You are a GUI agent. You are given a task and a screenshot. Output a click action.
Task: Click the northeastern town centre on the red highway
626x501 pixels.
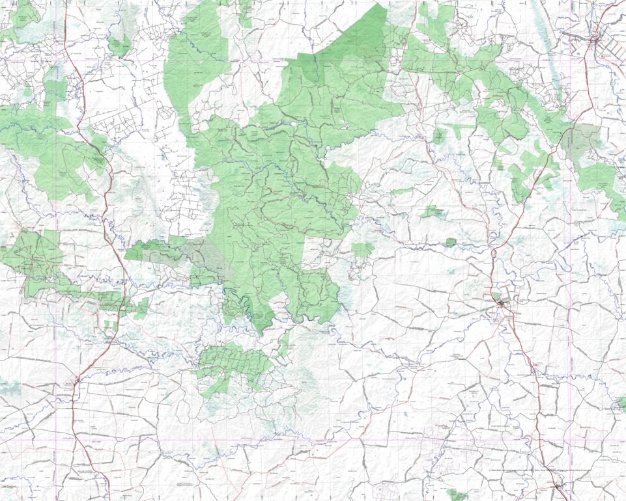pyautogui.click(x=594, y=40)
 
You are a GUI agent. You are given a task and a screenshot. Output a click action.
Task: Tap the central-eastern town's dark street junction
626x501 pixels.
pyautogui.click(x=502, y=303)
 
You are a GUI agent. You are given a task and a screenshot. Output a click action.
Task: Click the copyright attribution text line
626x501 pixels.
pyautogui.click(x=541, y=468)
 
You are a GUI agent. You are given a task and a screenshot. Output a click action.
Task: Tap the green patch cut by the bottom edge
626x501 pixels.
pyautogui.click(x=458, y=495)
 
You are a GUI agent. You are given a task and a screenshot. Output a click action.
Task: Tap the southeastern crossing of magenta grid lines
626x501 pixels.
pyautogui.click(x=570, y=440)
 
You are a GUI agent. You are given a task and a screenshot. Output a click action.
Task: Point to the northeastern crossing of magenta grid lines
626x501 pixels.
pyautogui.click(x=570, y=61)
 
